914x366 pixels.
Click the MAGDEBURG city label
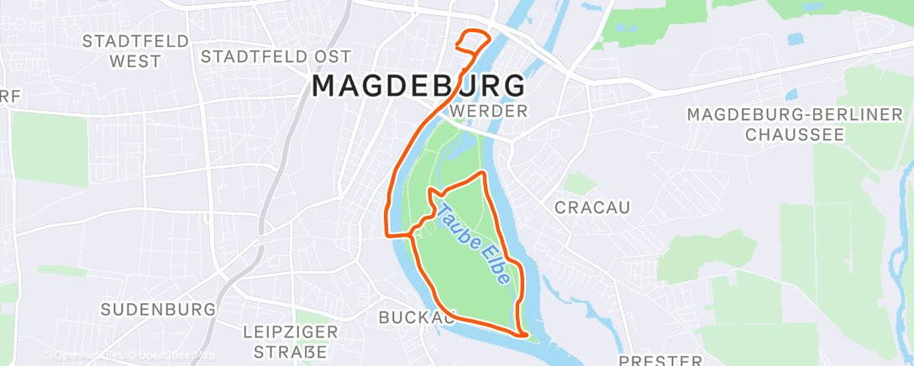[x=419, y=86]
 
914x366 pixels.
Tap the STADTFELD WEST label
[x=123, y=51]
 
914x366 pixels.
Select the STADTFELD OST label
[x=265, y=56]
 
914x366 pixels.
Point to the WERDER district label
[x=488, y=111]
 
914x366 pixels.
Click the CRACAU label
[x=592, y=207]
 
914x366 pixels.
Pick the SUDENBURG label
[x=159, y=309]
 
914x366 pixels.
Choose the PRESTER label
[x=660, y=360]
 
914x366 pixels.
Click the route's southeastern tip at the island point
[x=525, y=336]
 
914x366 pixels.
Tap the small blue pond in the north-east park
[x=796, y=38]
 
